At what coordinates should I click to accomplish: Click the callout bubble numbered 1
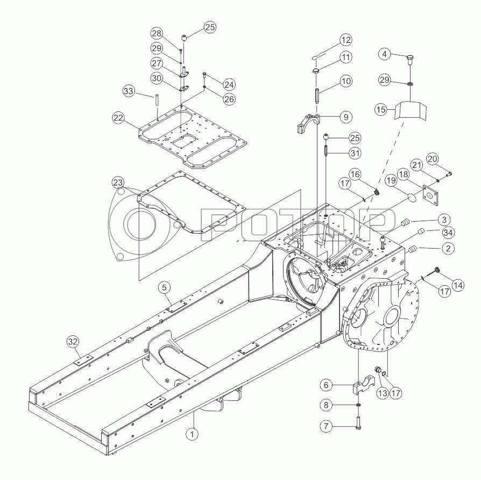pos(192,434)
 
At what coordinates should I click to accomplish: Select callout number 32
pos(73,342)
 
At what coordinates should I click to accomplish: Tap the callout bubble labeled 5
pos(165,287)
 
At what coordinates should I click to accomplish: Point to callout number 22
pos(119,118)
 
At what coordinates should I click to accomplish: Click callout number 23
pos(118,182)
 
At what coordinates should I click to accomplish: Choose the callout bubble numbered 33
pos(129,91)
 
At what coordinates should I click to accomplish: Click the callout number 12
pos(346,40)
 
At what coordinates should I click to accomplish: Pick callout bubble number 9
pos(346,117)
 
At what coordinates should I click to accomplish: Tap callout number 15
pos(381,109)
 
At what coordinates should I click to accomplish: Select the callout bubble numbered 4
pos(385,54)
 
